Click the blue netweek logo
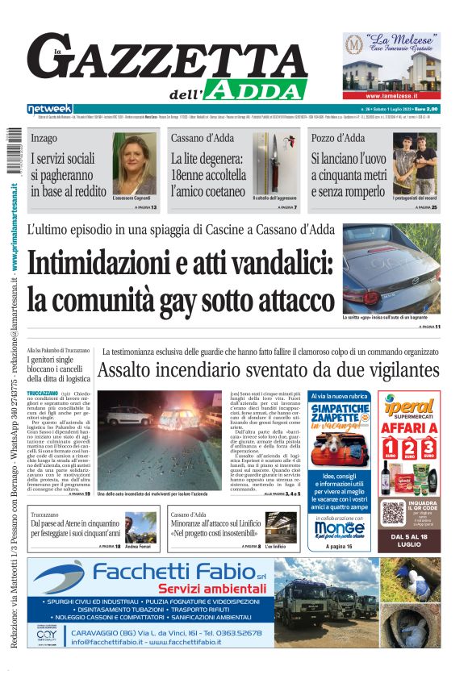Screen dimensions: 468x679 pos(50,109)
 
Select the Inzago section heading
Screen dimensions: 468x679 pos(44,138)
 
